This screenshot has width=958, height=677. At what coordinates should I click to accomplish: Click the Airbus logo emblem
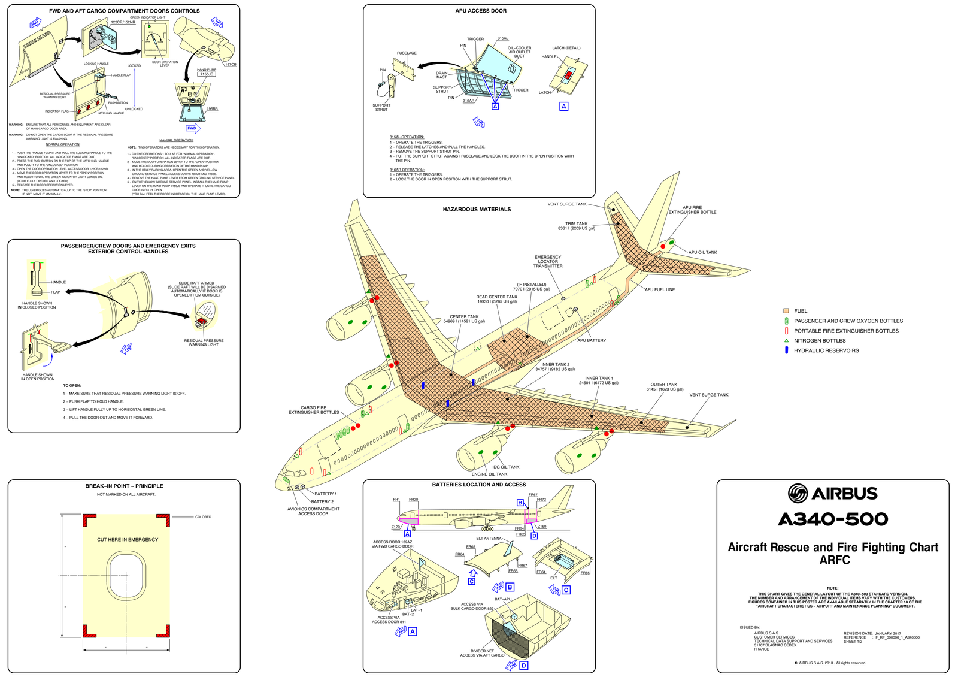point(798,494)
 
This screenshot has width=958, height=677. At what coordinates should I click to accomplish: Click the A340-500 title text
point(833,519)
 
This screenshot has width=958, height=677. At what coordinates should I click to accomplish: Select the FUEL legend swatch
point(786,311)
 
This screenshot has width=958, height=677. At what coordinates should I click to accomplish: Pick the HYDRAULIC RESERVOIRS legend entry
point(826,350)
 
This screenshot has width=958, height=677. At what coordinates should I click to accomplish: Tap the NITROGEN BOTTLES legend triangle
point(786,340)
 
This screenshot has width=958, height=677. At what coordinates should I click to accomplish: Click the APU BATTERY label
point(592,340)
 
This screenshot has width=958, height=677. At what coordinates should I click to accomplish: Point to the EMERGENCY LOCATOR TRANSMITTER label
point(548,261)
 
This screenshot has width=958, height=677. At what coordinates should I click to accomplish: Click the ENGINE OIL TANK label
point(489,474)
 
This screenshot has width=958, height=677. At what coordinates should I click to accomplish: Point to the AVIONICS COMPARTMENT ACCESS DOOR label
point(313,511)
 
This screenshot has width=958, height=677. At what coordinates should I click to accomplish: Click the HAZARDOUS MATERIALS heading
point(477,210)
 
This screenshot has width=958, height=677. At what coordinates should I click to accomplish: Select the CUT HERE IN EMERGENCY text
point(128,540)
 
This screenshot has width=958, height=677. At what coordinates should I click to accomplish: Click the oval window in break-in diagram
point(126,576)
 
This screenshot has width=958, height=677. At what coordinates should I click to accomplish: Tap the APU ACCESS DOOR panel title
point(481,11)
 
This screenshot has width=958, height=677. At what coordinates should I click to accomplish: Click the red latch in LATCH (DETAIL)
point(569,74)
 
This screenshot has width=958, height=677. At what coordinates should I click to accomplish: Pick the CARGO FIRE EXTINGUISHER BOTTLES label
point(313,410)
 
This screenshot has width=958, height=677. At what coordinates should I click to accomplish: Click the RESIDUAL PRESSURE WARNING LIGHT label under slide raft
point(204,343)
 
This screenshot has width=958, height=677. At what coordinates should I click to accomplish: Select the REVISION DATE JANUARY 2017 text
point(872,633)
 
